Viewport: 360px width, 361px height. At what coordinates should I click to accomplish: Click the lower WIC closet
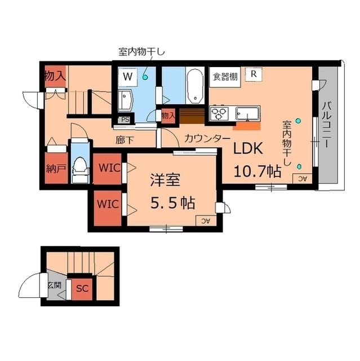click(x=105, y=204)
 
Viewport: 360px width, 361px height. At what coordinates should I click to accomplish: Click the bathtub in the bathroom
click(x=195, y=86)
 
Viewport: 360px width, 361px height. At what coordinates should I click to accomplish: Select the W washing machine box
click(x=128, y=75)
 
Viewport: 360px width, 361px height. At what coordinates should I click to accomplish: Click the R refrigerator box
click(x=254, y=73)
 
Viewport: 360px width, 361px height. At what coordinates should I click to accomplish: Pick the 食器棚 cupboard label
click(x=225, y=77)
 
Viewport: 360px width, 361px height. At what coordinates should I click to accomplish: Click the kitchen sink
click(x=247, y=113)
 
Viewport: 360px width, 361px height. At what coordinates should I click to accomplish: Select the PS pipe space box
click(x=125, y=120)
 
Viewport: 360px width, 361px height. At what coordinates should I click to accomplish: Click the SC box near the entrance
click(x=82, y=288)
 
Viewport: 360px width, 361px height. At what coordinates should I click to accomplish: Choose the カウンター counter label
click(x=207, y=138)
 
